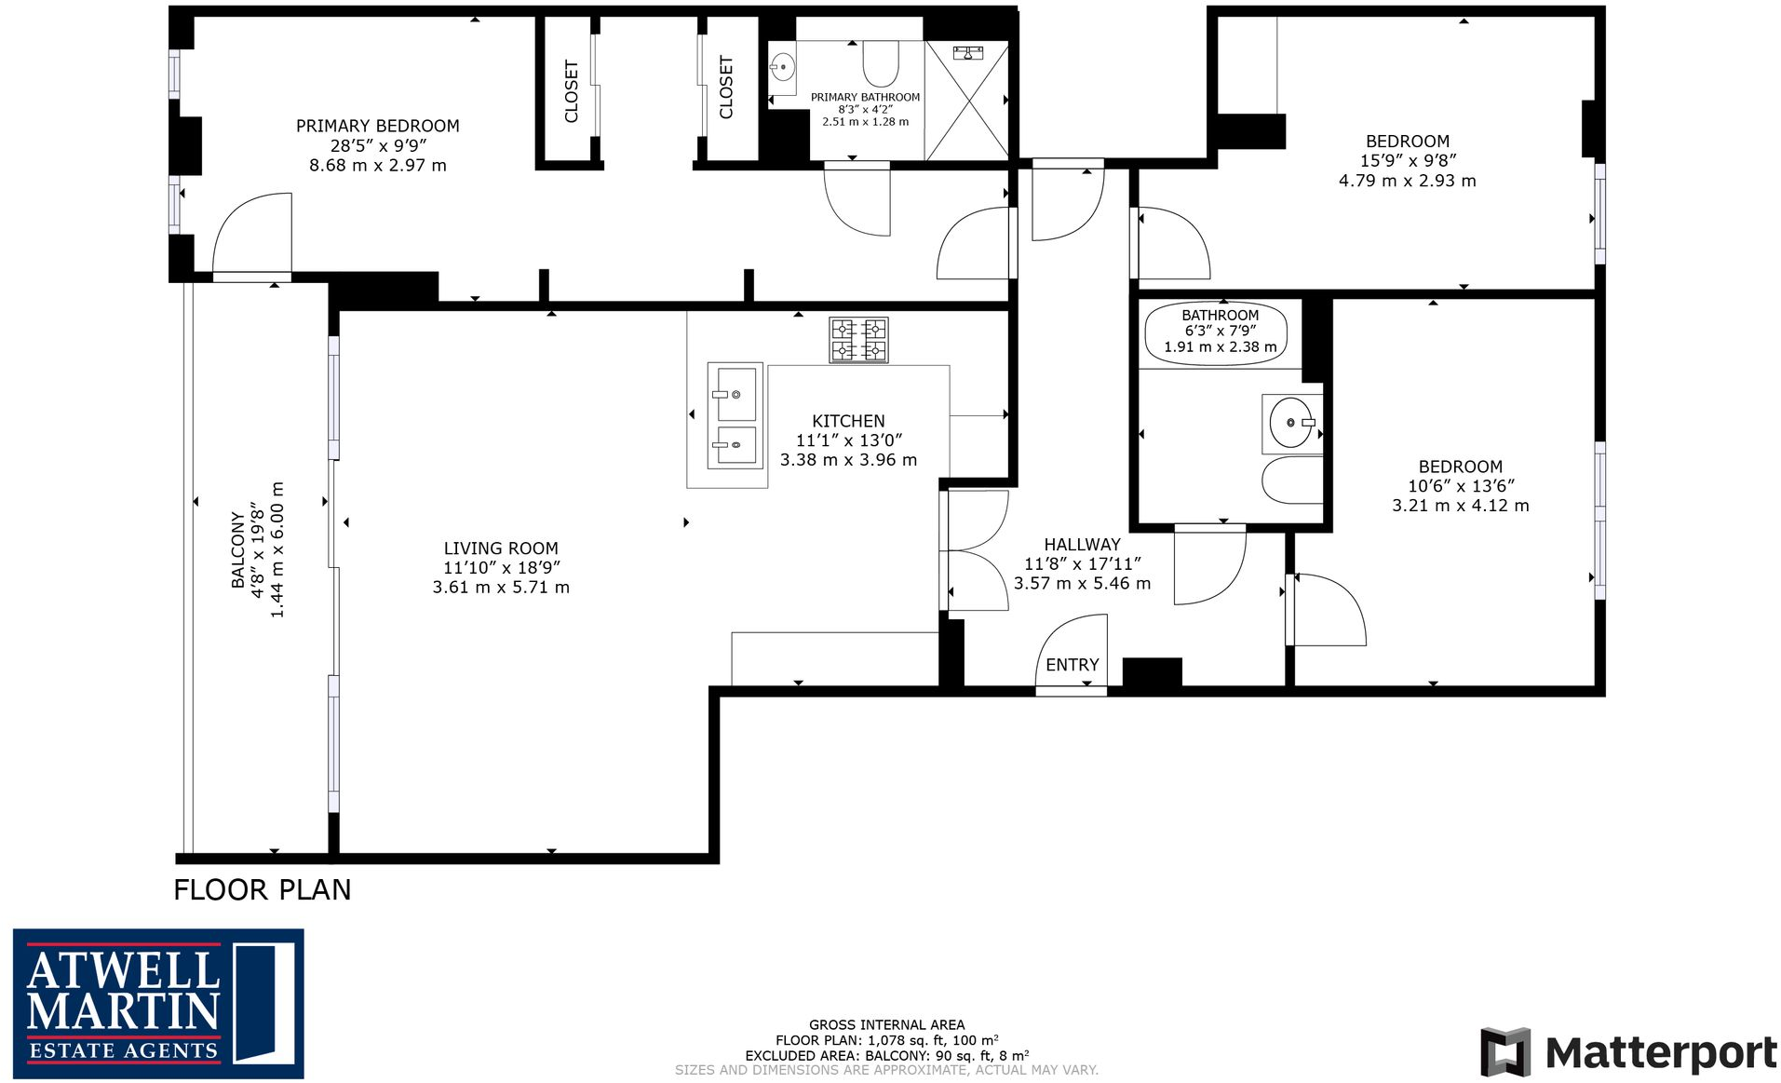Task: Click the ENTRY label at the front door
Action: (x=1072, y=665)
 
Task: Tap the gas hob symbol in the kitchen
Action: (x=858, y=340)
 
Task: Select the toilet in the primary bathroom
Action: (x=880, y=63)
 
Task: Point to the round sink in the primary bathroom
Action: (x=783, y=66)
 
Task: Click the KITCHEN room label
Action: (x=848, y=421)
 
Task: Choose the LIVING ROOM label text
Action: (x=501, y=548)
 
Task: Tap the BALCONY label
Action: (x=238, y=549)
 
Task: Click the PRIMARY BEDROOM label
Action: (x=377, y=126)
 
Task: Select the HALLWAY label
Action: (x=1082, y=544)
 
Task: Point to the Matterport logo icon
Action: (x=1505, y=1051)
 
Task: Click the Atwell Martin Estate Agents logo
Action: (x=158, y=1003)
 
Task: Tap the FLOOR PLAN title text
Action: (x=263, y=890)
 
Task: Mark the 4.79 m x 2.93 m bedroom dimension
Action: (x=1407, y=181)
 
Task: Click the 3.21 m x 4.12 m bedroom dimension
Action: (x=1460, y=506)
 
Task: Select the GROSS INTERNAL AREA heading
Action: (x=886, y=1024)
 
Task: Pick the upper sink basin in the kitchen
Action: (x=735, y=393)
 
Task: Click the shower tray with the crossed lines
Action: (x=967, y=101)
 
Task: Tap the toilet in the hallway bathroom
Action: (x=1292, y=481)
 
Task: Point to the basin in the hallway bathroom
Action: (x=1291, y=423)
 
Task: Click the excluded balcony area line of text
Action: (x=886, y=1055)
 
